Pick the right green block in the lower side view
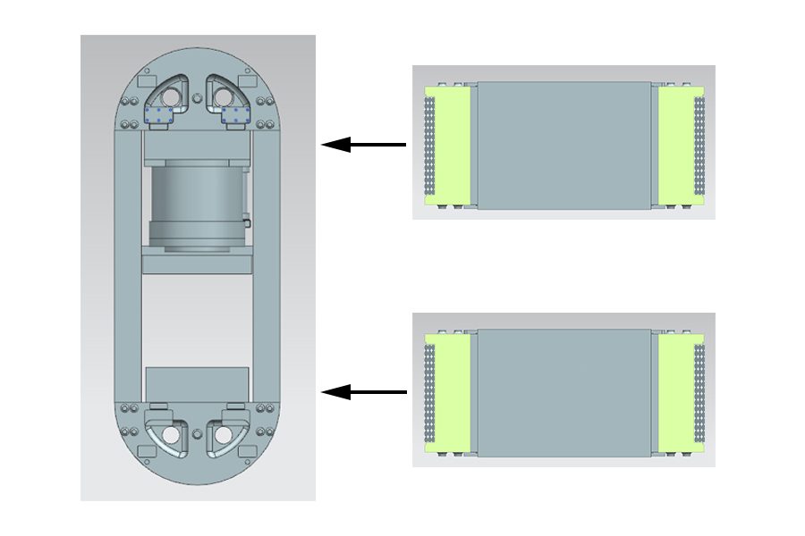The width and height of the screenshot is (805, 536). (x=674, y=393)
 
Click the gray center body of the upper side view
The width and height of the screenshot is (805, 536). (x=563, y=146)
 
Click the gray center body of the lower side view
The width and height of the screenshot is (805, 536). (x=563, y=393)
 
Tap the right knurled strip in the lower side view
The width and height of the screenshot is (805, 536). (x=700, y=393)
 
